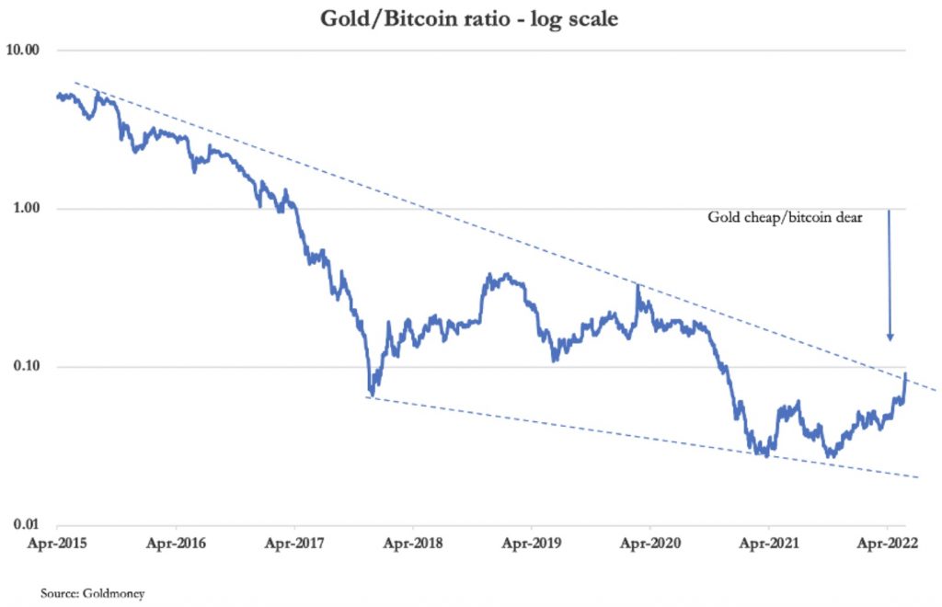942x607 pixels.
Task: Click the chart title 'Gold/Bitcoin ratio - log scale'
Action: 469,18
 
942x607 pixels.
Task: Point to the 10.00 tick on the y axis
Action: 29,51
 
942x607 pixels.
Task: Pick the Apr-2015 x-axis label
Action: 58,544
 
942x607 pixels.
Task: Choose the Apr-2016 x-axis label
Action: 177,544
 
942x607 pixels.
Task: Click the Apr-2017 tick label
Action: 294,544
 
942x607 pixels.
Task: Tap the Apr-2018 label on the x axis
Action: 413,544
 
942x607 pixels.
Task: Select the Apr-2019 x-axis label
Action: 532,544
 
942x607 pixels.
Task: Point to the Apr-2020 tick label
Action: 650,544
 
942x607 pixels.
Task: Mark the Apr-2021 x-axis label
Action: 768,544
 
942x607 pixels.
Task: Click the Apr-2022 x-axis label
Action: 887,544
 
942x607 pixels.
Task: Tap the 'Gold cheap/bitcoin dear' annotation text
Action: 783,219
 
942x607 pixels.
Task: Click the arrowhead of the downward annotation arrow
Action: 890,337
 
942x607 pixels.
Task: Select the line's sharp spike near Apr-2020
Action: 638,287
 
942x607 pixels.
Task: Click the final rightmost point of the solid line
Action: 906,373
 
